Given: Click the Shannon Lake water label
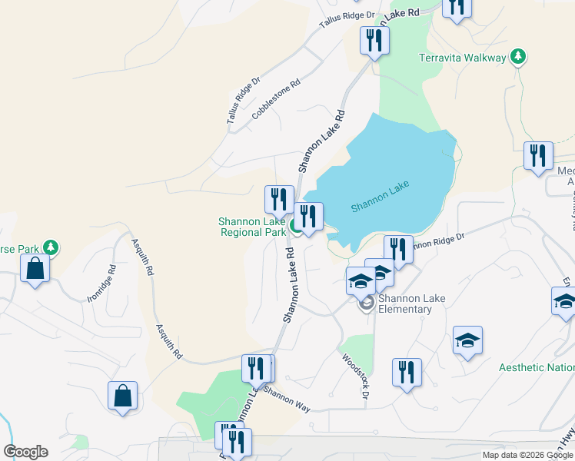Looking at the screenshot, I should (381, 197).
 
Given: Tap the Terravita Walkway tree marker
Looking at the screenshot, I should (519, 56).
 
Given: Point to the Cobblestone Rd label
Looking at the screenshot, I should (275, 101).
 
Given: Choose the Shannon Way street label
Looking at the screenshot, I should (286, 399).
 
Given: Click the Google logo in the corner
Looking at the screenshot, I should (25, 452).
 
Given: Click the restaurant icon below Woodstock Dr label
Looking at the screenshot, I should (407, 373).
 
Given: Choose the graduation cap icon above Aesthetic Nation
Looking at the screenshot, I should (467, 341).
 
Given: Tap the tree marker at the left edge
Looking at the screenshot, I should (51, 247).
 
